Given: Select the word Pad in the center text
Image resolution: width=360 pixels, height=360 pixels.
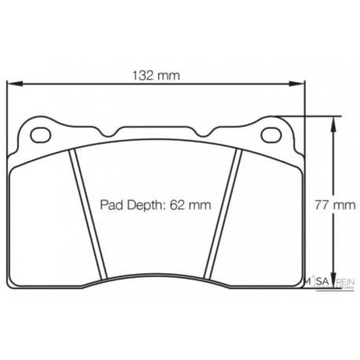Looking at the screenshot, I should [x=110, y=205].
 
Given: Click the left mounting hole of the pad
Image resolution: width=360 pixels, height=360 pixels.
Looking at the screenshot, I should [x=39, y=134].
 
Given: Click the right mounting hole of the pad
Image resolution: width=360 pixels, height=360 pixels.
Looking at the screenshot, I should [x=272, y=134].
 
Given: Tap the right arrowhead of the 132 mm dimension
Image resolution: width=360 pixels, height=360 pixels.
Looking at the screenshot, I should [x=299, y=85].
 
